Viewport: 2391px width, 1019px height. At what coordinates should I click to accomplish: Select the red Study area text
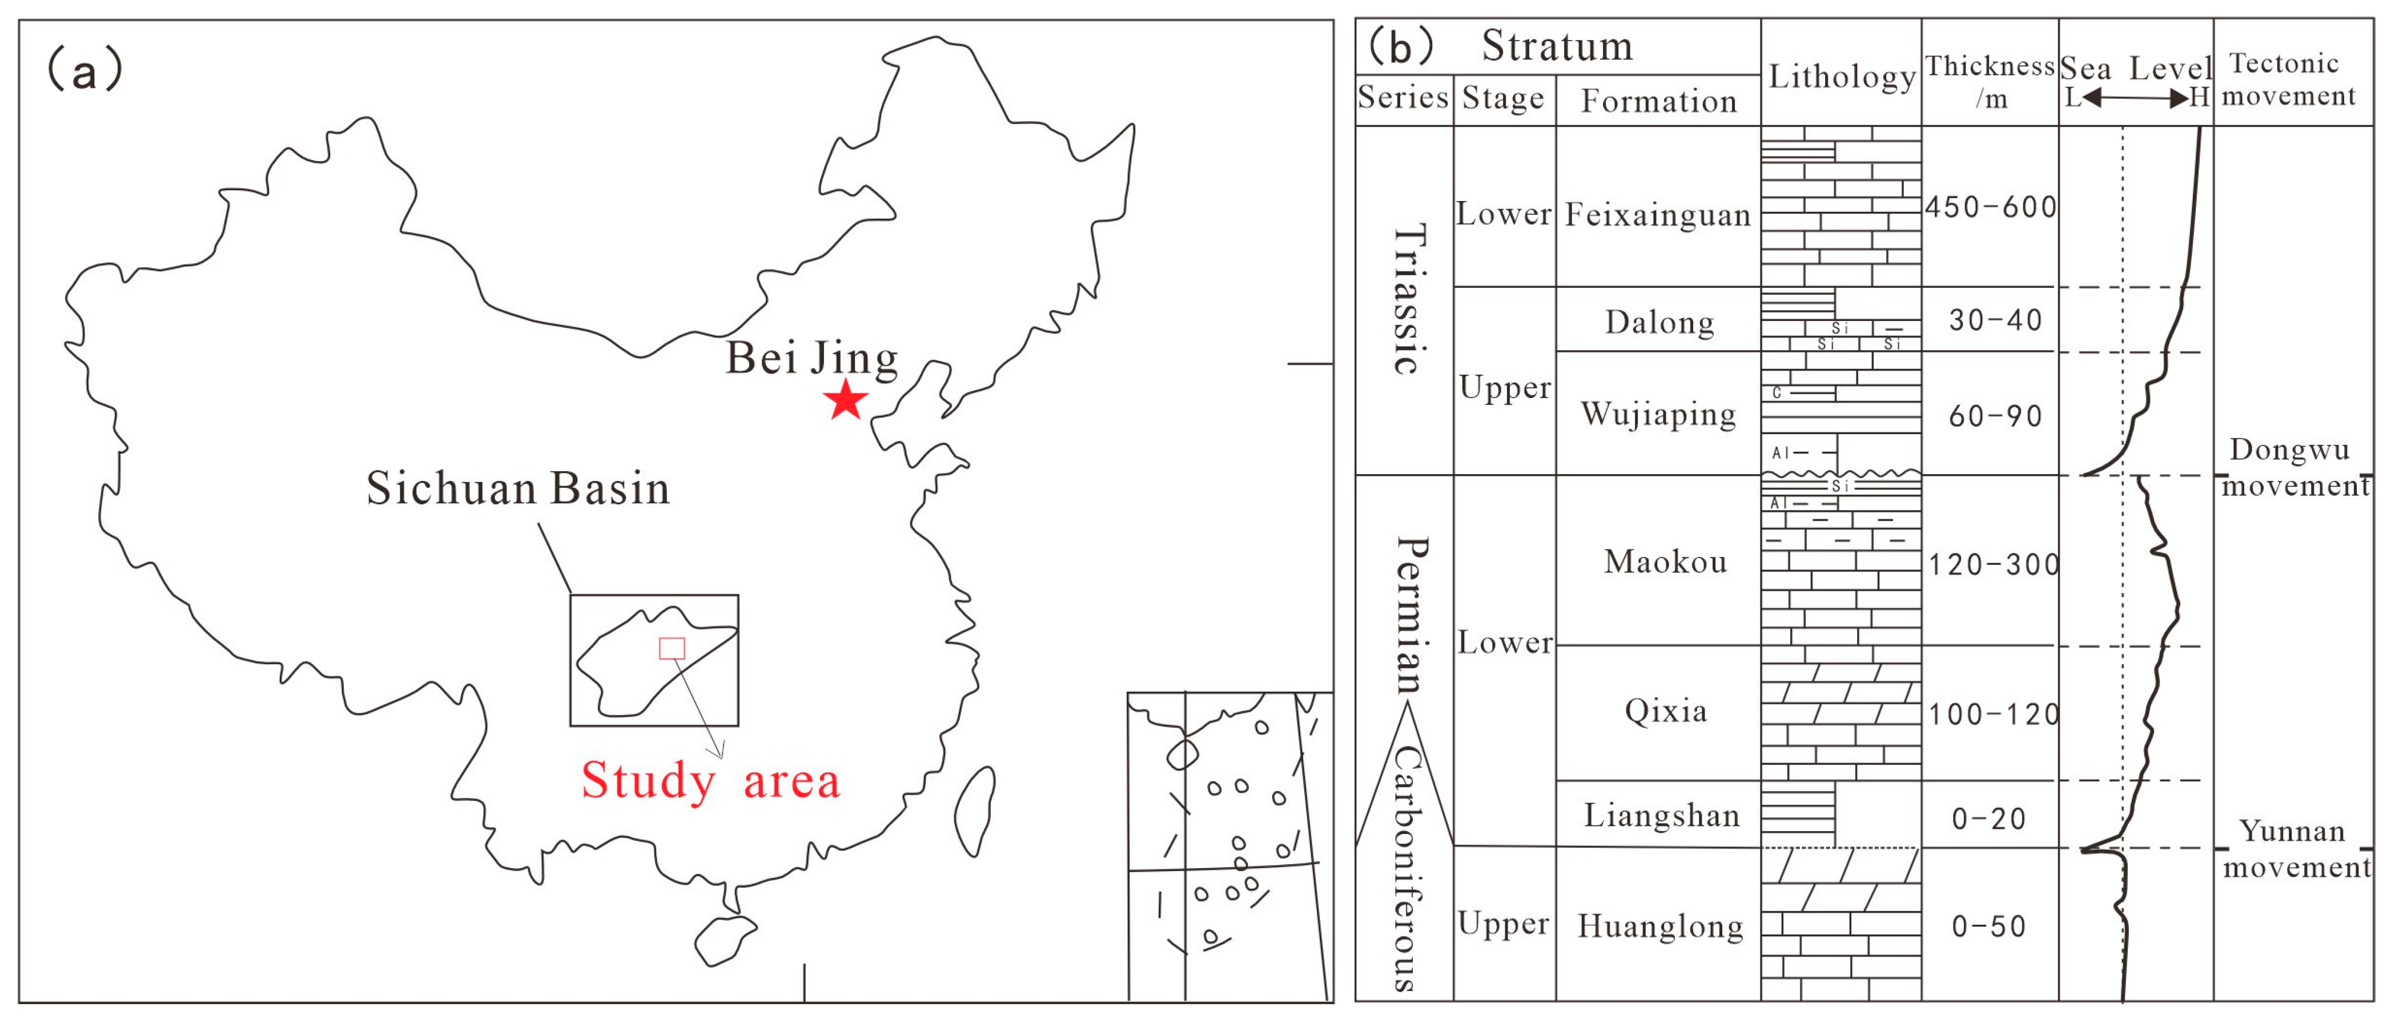710,780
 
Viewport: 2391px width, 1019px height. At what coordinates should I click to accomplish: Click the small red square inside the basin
672,648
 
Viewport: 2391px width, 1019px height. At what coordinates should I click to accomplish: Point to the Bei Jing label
811,358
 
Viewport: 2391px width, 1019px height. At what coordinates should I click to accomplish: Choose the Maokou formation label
1665,561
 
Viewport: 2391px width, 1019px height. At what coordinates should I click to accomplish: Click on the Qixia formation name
1665,711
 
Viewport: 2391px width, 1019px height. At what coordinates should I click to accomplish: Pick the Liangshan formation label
1661,815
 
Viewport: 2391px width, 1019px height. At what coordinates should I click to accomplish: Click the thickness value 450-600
1990,207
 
